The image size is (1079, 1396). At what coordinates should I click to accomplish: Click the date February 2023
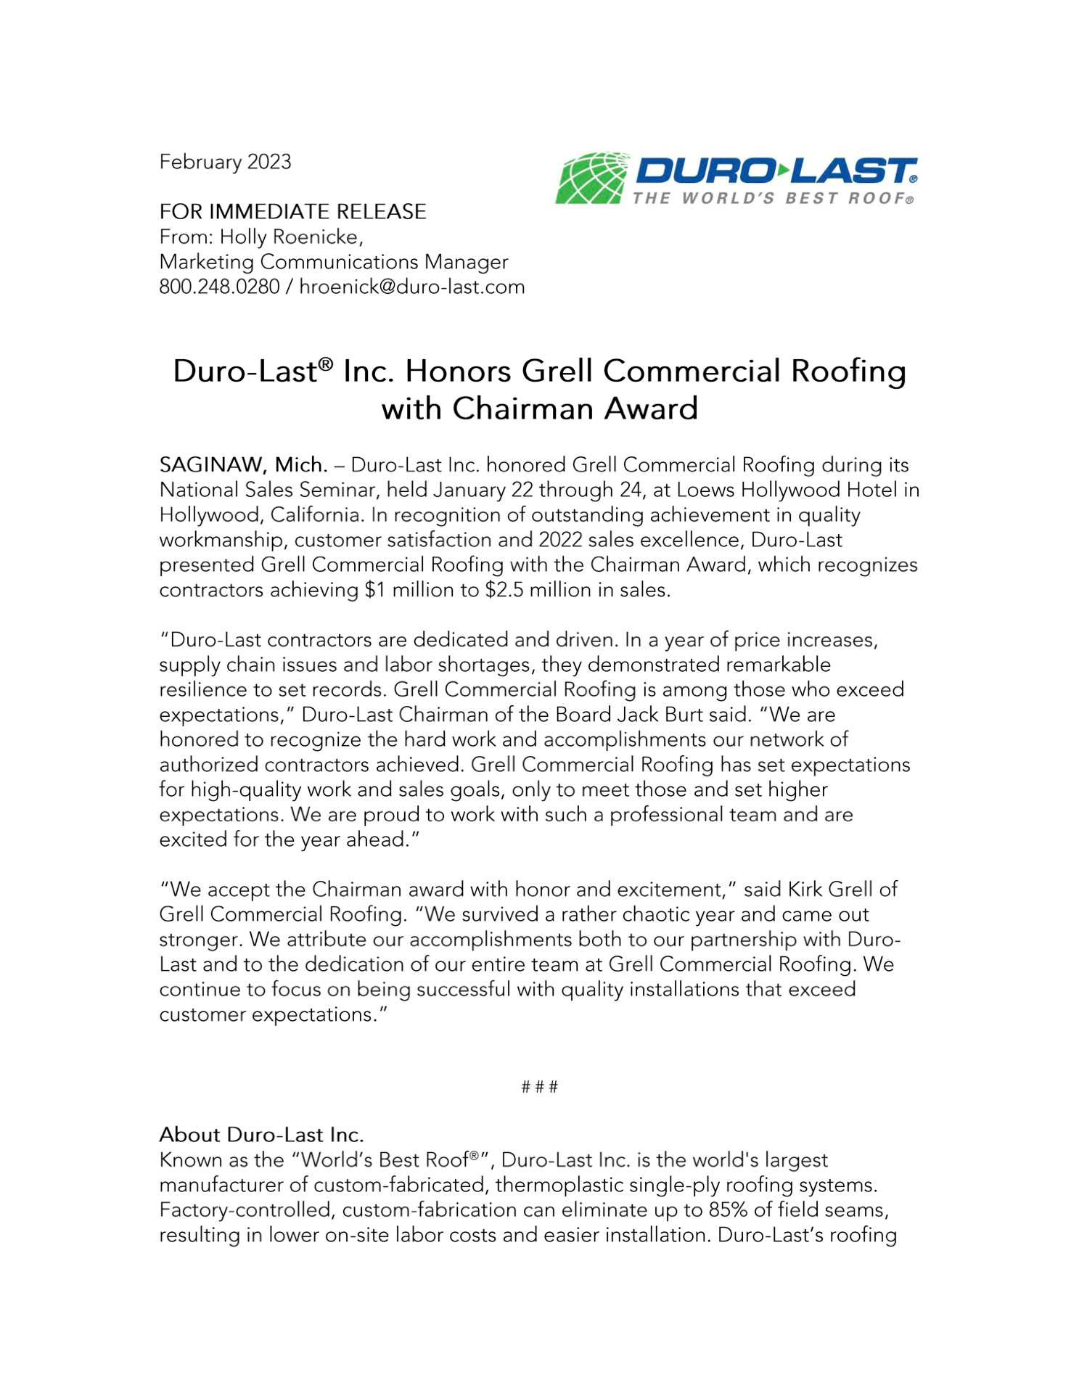click(225, 162)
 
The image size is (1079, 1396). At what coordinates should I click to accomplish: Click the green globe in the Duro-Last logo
click(591, 178)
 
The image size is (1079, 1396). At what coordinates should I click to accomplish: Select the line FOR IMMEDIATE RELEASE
click(292, 212)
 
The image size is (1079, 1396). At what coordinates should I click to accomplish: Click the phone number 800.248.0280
click(219, 287)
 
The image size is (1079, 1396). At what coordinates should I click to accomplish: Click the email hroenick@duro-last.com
click(411, 287)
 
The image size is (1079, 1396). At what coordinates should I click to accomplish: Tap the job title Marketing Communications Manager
click(334, 262)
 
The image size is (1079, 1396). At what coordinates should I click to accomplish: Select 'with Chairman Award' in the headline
click(539, 408)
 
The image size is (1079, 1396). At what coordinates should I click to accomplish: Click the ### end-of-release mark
click(540, 1087)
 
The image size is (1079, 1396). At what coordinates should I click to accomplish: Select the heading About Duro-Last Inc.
click(261, 1135)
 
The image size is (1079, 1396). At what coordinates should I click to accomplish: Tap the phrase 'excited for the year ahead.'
click(289, 840)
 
